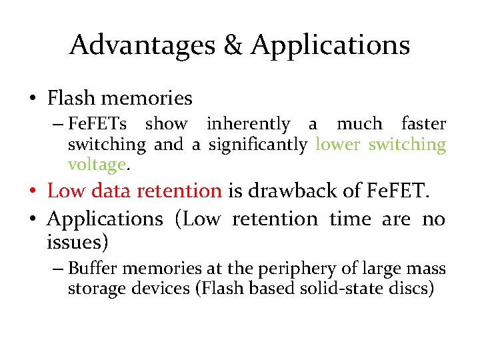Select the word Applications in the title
click(x=330, y=45)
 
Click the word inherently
click(x=248, y=124)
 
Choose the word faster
click(x=423, y=124)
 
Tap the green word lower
click(x=338, y=144)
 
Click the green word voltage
click(x=97, y=164)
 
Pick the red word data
click(x=109, y=191)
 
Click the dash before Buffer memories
click(x=58, y=269)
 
